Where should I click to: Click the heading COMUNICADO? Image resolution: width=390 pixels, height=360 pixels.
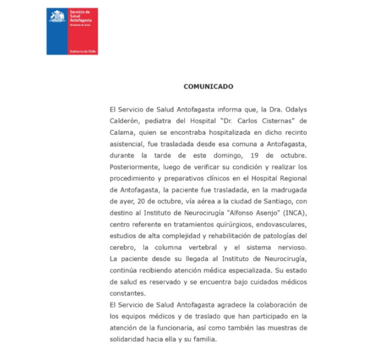[x=208, y=87]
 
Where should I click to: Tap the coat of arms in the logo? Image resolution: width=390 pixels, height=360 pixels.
[x=57, y=17]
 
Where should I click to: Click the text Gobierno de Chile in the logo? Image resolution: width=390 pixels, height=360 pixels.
[x=83, y=52]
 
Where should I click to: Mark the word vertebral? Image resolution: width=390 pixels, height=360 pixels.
[x=203, y=248]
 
